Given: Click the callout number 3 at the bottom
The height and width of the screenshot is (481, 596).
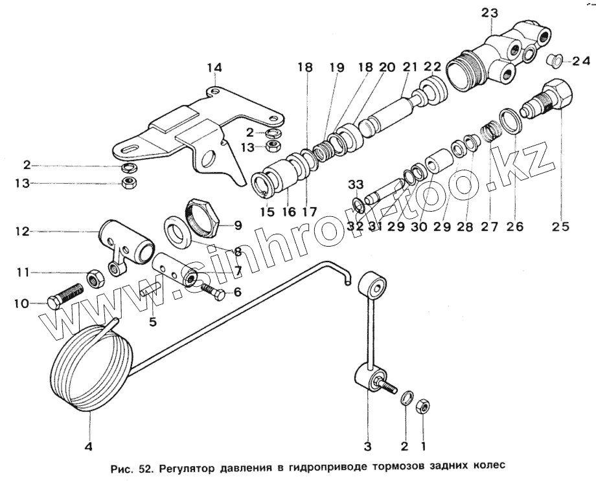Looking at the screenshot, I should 368,445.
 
